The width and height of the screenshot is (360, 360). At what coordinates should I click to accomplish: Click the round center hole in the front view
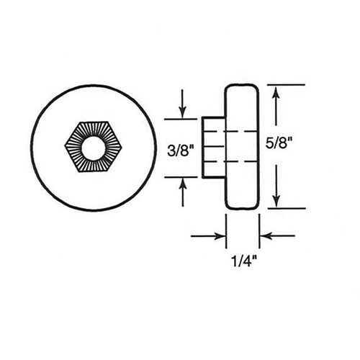(93, 147)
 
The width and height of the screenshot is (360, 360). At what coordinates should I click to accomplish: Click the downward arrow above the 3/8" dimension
(183, 104)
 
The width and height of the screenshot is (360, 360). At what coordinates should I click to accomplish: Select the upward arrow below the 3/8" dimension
(183, 191)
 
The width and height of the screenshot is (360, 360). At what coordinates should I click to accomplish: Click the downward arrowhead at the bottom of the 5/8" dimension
(275, 200)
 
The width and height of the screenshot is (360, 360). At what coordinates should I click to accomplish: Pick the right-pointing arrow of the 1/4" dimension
(209, 235)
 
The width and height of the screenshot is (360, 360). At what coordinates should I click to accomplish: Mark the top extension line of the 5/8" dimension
(284, 84)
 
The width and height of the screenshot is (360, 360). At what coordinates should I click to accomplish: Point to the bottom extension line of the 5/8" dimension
(284, 209)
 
